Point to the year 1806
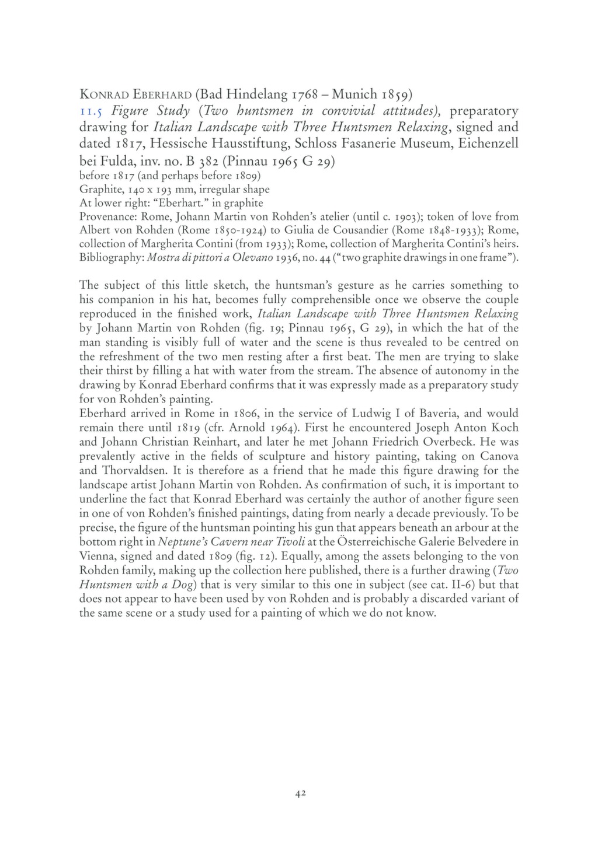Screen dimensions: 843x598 tap(251, 414)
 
